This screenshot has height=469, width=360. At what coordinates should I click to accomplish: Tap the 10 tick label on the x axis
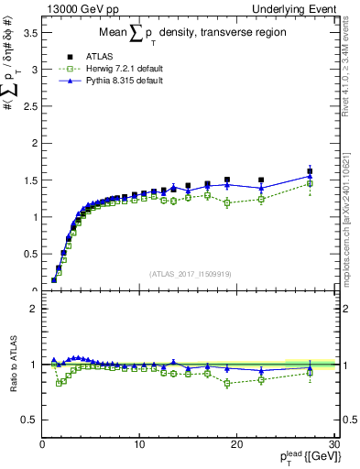click(x=139, y=444)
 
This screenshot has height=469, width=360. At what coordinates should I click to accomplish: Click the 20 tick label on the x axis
click(x=236, y=444)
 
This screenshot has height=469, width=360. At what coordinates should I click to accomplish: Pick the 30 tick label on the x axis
click(x=333, y=444)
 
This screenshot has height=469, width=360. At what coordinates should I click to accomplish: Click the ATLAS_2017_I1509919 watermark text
click(x=189, y=273)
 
